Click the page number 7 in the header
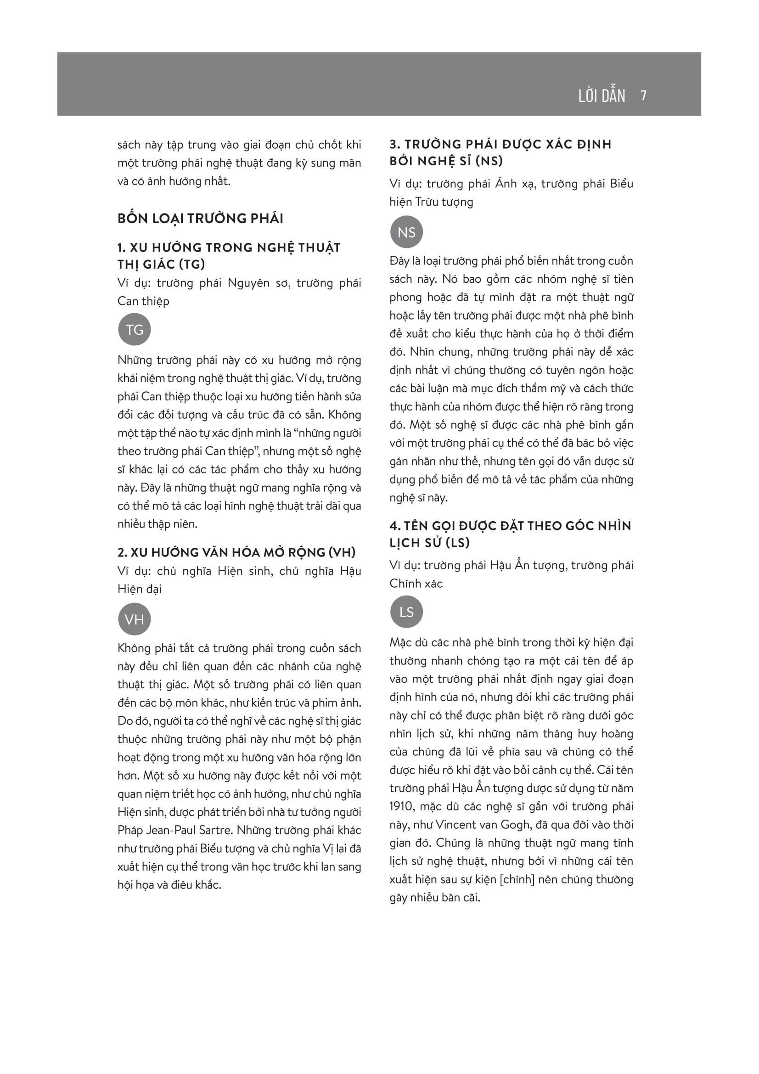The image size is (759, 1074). coord(643,96)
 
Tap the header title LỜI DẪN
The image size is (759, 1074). coord(602,96)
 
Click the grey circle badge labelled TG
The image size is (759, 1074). coord(134,329)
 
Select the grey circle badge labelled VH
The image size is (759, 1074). coord(134,619)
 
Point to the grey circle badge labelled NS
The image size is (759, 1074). coord(406,232)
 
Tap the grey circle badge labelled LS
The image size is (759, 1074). coord(406,612)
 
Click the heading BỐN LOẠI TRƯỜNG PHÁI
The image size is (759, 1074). coord(200,219)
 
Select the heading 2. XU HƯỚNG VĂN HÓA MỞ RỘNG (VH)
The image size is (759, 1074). coord(236,552)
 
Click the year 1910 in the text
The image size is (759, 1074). coord(402,806)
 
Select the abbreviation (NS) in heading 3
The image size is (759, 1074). coord(489,161)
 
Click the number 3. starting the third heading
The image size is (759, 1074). coord(395,145)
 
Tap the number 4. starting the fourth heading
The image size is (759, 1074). coord(395,526)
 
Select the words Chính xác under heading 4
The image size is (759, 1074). coord(416,584)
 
